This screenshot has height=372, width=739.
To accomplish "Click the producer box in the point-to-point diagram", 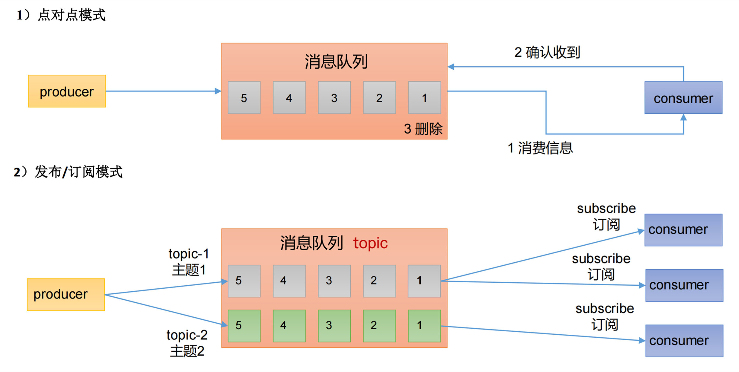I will (67, 91).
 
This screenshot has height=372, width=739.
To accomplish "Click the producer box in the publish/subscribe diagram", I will (66, 295).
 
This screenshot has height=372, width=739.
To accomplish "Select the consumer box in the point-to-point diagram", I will (683, 98).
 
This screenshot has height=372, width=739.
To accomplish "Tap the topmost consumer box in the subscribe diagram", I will (683, 230).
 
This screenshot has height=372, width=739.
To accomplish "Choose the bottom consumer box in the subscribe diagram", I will (684, 341).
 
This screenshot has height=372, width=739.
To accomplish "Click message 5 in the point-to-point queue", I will (244, 97).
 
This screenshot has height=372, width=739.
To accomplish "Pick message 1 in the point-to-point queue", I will (425, 97).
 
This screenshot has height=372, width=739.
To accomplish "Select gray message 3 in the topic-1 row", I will (334, 281).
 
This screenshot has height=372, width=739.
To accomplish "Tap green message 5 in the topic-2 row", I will (244, 326).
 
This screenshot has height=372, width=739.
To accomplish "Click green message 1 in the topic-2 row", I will (424, 326).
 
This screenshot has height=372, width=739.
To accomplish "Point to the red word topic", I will (370, 243).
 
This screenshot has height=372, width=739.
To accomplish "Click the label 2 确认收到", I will (547, 53).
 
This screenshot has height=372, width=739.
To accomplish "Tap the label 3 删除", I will (423, 129).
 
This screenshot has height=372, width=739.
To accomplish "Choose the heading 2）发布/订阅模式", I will (68, 172).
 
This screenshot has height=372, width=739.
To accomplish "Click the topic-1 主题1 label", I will (188, 262).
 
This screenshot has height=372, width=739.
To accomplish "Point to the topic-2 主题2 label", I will (187, 343).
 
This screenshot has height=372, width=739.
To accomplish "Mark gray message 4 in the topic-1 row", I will (289, 281).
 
